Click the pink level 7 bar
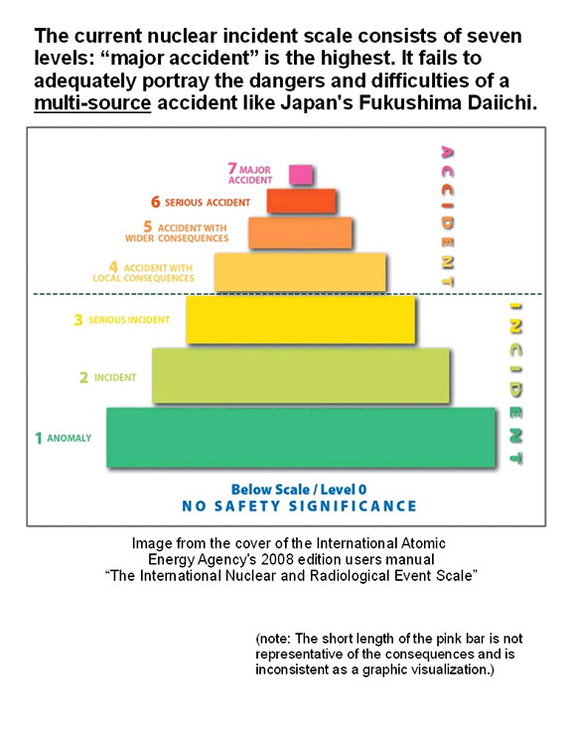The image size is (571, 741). (301, 175)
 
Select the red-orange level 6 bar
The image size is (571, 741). (301, 201)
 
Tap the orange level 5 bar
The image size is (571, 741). (300, 232)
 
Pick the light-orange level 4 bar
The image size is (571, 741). (300, 272)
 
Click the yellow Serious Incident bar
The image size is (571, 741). (301, 320)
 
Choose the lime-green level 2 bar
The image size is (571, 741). (301, 375)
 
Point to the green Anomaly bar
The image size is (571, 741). (301, 438)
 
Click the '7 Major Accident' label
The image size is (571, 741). (250, 174)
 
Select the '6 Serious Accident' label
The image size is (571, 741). (201, 202)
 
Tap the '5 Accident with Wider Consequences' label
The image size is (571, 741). (177, 232)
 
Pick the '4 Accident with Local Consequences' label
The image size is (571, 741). (144, 272)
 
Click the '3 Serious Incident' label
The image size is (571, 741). (122, 320)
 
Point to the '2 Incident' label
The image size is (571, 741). (107, 377)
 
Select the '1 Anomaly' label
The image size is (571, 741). (64, 438)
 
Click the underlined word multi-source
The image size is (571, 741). (92, 102)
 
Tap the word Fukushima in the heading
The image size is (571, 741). (410, 102)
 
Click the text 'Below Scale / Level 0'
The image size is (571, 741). (299, 490)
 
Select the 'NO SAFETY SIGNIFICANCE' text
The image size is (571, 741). (300, 507)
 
